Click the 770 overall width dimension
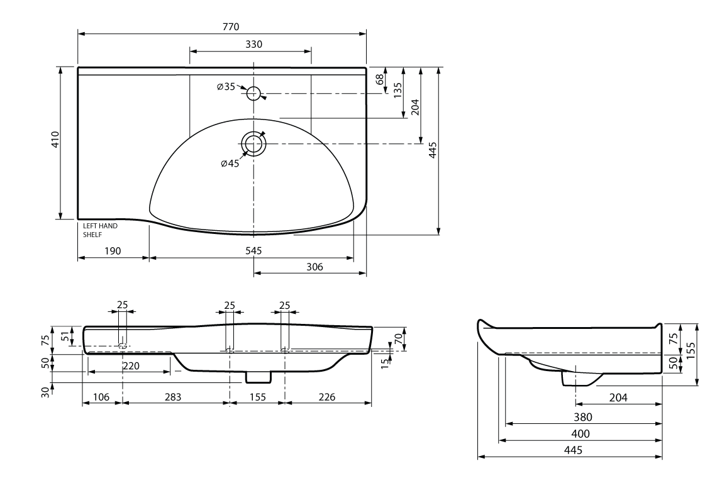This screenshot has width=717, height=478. point(231,26)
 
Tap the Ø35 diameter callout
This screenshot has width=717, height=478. point(226,87)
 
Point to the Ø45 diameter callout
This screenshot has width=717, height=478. point(230,164)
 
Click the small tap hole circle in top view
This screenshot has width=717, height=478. point(253,94)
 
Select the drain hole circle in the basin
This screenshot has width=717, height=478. point(253,144)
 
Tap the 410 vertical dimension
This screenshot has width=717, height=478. point(55,140)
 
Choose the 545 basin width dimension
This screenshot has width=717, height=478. point(253,250)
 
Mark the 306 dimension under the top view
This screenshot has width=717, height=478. point(314,267)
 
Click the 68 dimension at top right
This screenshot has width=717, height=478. point(379,80)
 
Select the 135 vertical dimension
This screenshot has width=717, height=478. point(397,91)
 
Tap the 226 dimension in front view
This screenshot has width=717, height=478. point(326,397)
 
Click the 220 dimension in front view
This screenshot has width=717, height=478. point(131,365)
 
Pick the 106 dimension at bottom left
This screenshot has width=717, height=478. point(101,397)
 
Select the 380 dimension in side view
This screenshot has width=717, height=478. point(582,417)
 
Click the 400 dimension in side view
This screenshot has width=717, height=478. point(581,434)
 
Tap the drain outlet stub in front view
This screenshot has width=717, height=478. point(258,376)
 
